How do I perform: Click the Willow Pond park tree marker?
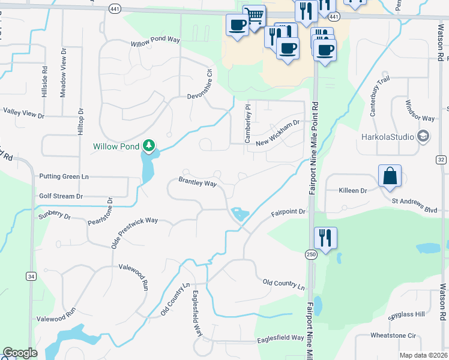click(149, 145)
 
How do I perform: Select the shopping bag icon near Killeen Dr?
click(390, 176)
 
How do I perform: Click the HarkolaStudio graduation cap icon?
click(423, 136)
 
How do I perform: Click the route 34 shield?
click(31, 275)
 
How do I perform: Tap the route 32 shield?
click(441, 159)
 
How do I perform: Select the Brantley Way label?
click(197, 182)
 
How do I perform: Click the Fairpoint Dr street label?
click(288, 212)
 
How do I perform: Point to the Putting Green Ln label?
click(64, 176)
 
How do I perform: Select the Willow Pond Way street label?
click(155, 42)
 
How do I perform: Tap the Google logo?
click(20, 353)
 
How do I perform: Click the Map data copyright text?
click(423, 355)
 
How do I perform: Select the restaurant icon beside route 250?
click(325, 238)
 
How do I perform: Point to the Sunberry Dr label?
click(54, 215)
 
